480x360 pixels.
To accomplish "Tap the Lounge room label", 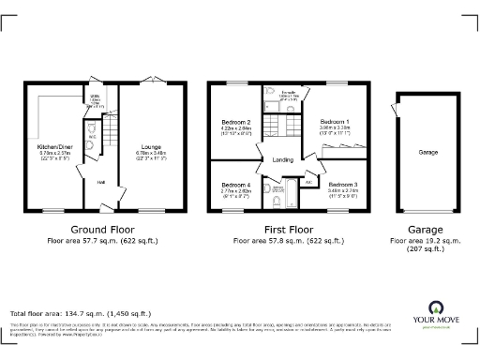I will [152, 147].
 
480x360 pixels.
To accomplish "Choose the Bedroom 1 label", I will [335, 123].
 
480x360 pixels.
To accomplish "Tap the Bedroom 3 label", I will [343, 185].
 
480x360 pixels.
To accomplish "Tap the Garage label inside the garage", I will [429, 152].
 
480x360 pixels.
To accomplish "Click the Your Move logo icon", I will [436, 307].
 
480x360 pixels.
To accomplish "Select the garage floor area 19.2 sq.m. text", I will [429, 242].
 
